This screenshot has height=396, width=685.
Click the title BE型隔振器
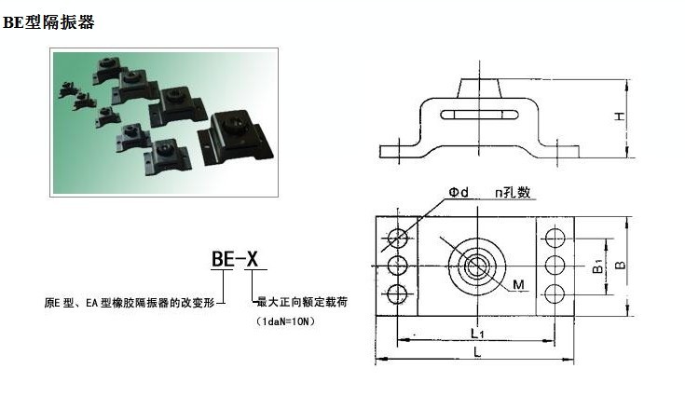pos(48,21)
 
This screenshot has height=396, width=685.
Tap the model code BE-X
pos(235,259)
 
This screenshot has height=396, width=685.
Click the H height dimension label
pos(619,116)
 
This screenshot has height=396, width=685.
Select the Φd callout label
pos(459,192)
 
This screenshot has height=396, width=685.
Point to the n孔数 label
pos(513,192)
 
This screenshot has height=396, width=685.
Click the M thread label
pos(518,285)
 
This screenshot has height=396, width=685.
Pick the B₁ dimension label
pos(598,266)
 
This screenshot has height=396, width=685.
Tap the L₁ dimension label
pos(477,334)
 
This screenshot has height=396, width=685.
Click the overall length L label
pos(477,351)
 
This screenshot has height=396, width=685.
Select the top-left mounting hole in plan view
pos(398,239)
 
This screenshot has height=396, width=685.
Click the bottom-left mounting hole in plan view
pos(398,294)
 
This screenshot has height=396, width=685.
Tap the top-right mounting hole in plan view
pos(555,239)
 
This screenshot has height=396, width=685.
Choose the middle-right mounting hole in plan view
pos(555,266)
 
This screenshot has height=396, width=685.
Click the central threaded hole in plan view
pos(477,266)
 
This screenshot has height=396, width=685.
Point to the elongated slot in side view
pos(479,115)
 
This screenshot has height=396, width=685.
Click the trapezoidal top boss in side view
pos(480,89)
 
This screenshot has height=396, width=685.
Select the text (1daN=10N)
pos(286,321)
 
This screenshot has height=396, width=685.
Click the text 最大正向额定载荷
pos(302,302)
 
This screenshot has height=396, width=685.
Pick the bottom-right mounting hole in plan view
pos(555,294)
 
